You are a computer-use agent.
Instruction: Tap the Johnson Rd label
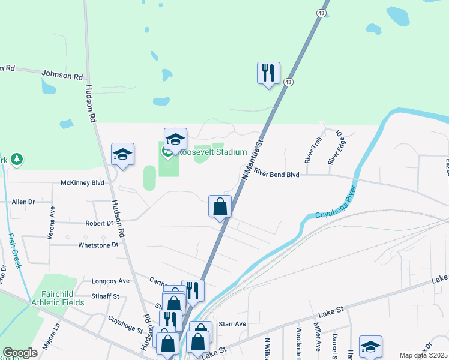pos(62,76)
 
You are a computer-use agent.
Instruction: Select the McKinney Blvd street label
pos(83,182)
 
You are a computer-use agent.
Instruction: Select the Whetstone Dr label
pos(98,245)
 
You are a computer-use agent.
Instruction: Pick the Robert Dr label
pos(99,223)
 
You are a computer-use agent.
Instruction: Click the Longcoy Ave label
pos(110,280)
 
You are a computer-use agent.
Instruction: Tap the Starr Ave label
pos(233,324)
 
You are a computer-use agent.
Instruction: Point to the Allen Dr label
pos(23,202)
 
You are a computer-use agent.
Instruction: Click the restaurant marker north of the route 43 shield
pos(268,73)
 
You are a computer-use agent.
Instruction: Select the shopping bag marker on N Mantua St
pos(220,206)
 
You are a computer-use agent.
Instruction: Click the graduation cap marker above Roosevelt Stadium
pos(175,139)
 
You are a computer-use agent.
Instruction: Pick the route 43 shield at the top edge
pos(322,13)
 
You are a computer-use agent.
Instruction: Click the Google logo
pos(20,353)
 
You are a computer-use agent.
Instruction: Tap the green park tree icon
pos(19,159)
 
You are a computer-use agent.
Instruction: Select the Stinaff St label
pos(106,296)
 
